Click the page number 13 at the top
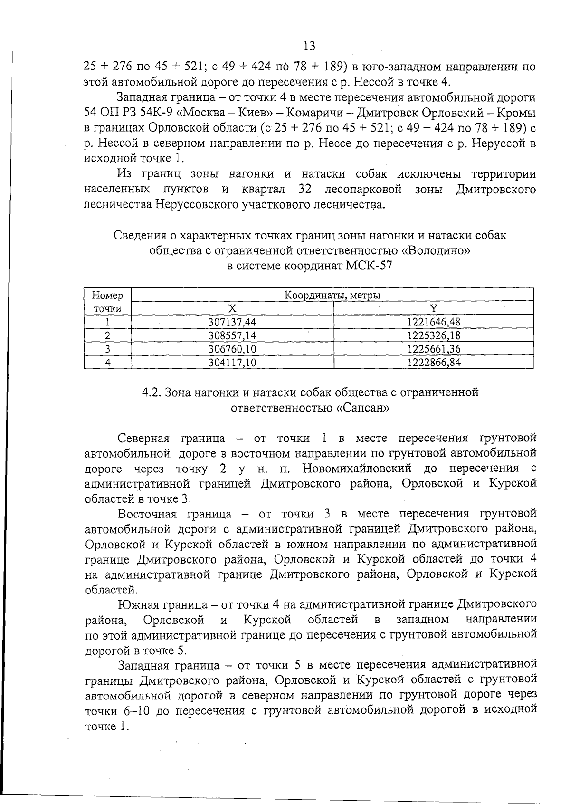point(308,46)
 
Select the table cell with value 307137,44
point(232,323)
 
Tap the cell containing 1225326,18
point(434,336)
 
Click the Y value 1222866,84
point(434,363)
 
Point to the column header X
point(232,309)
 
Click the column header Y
point(433,309)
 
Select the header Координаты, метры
point(332,296)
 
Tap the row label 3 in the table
point(108,349)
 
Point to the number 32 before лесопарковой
point(304,190)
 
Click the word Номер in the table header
point(108,296)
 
